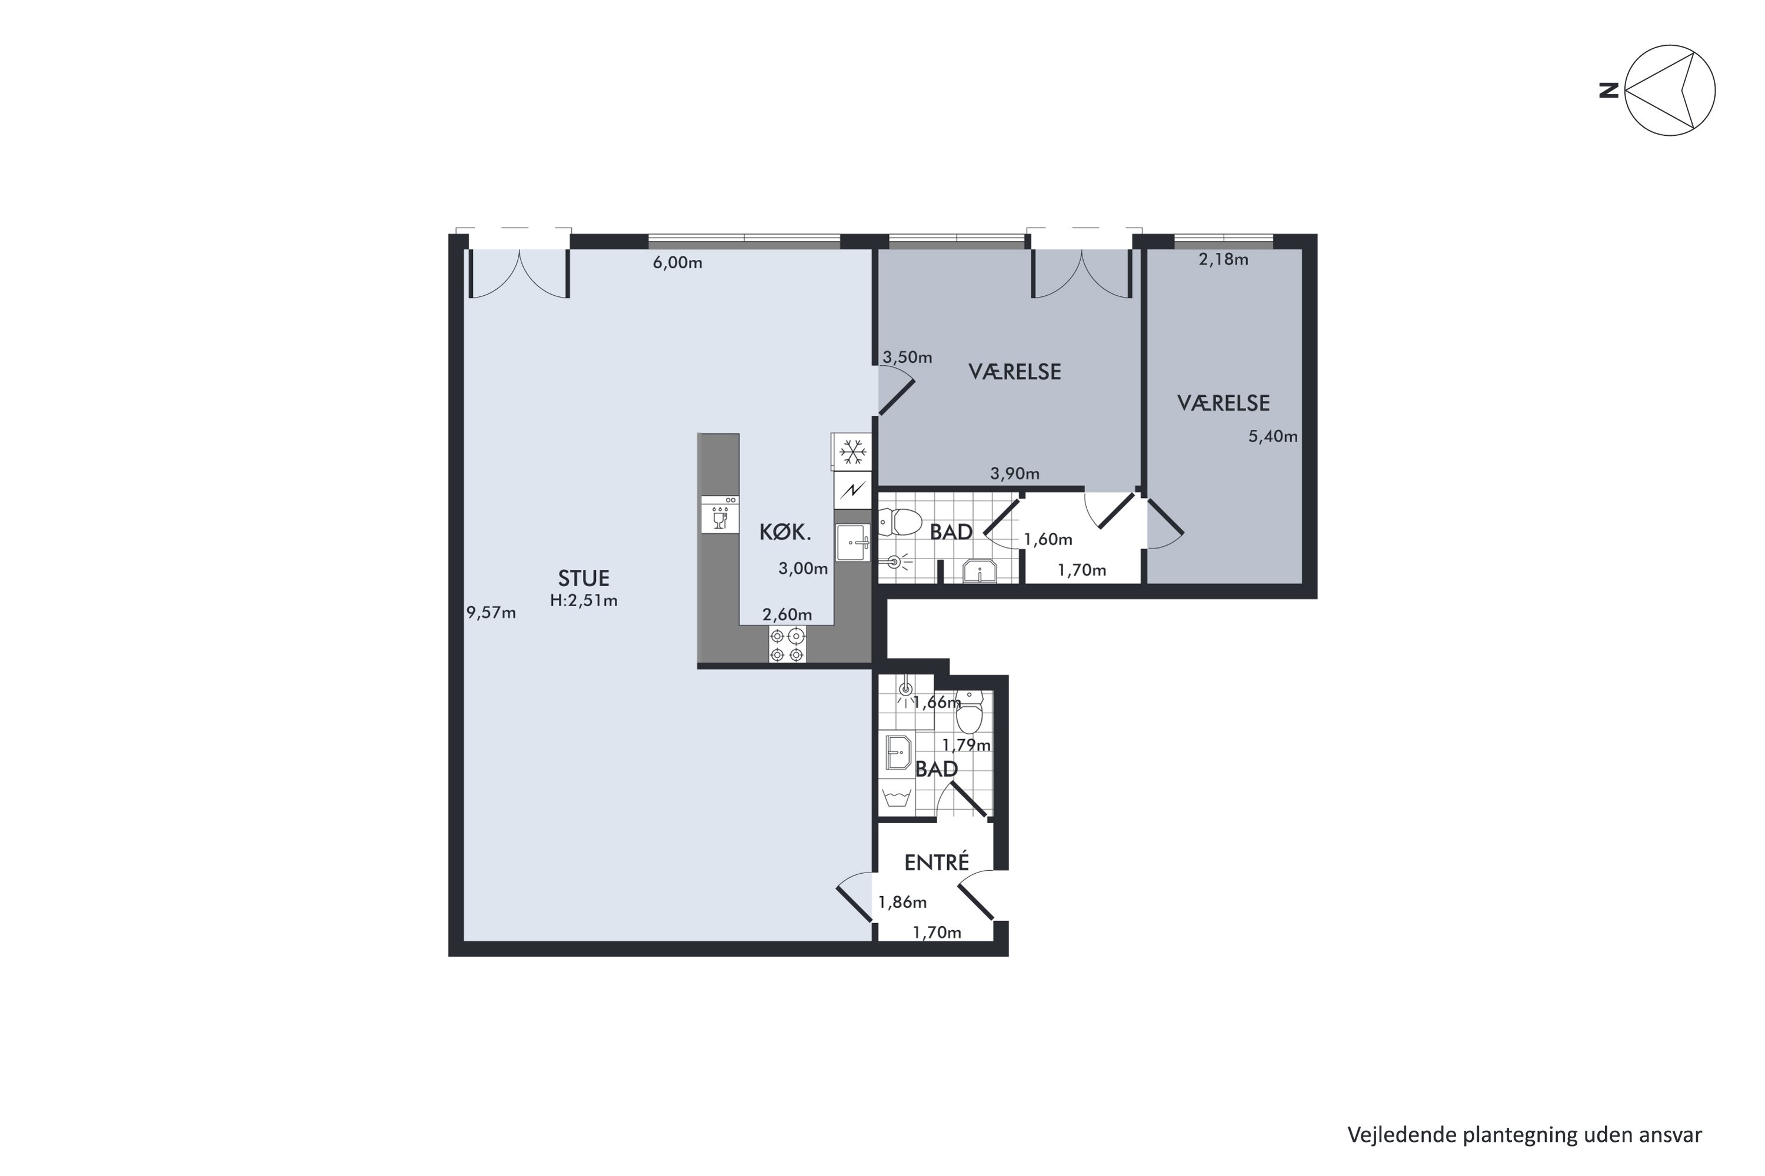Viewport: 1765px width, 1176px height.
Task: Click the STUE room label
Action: coord(583,578)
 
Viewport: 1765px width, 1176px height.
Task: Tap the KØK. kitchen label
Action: coord(785,533)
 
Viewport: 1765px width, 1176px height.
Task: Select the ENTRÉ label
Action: coord(937,863)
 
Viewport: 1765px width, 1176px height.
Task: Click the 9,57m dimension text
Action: coord(491,613)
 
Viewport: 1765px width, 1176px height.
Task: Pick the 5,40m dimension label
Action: coord(1273,436)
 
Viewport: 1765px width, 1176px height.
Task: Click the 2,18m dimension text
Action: coord(1223,259)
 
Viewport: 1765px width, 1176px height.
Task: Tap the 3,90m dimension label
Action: coord(1014,473)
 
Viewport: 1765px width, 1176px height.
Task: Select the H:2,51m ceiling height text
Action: coord(584,601)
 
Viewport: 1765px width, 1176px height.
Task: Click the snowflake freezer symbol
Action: coord(852,452)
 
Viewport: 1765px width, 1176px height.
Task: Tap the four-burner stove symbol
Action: coord(787,645)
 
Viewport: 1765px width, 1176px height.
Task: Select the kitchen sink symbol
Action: coord(853,542)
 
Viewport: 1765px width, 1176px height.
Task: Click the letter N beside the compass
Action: coord(1608,91)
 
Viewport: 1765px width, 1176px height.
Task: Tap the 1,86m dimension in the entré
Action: coord(902,902)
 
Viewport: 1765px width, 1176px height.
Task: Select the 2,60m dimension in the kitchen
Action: coord(787,615)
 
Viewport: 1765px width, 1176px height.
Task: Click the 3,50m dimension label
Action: coord(907,358)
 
